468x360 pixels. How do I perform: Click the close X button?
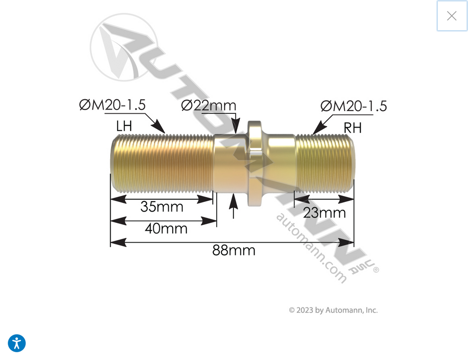[452, 16]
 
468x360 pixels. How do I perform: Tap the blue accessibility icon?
[17, 343]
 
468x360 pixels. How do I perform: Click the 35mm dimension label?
[162, 206]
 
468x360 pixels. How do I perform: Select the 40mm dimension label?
[166, 229]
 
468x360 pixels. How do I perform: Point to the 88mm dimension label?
[234, 250]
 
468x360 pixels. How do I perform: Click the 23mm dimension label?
[324, 213]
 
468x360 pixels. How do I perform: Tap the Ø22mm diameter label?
[208, 105]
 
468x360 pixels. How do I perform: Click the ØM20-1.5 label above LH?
[112, 105]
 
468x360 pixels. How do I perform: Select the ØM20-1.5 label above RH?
[354, 106]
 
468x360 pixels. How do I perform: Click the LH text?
[124, 126]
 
